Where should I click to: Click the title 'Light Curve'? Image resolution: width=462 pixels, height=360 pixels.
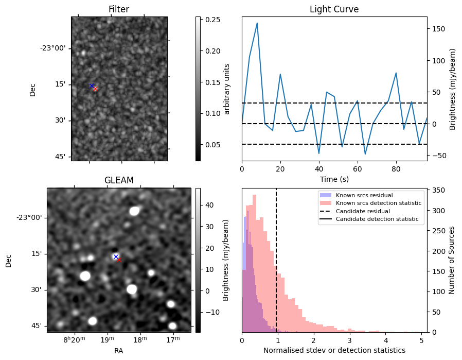(334, 9)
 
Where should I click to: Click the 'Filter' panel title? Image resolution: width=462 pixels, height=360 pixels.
(119, 9)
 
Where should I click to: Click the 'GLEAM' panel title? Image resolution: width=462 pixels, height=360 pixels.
(119, 180)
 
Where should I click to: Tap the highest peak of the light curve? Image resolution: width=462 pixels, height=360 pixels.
(257, 23)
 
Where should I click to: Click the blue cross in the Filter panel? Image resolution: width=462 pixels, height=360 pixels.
(92, 85)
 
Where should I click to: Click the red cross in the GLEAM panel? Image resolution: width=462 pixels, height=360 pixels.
(119, 260)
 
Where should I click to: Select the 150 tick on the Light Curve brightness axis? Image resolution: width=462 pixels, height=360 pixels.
(436, 29)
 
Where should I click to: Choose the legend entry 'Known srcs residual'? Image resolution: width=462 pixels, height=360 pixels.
(364, 196)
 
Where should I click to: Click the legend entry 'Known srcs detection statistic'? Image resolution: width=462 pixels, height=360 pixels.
(379, 203)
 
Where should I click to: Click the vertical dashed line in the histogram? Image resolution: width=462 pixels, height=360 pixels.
(276, 268)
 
